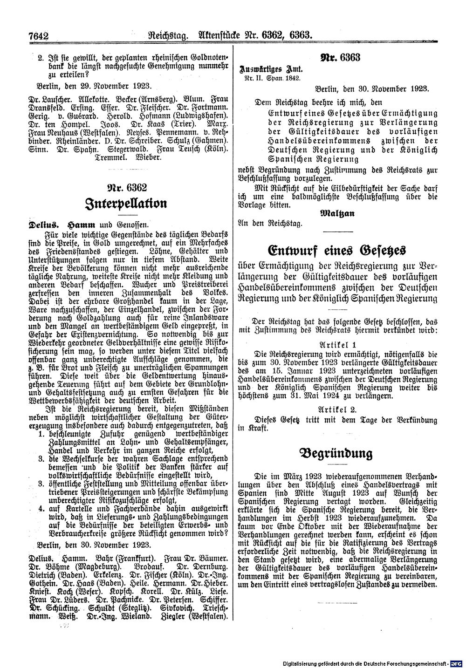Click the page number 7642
click(x=39, y=35)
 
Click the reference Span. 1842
click(x=286, y=78)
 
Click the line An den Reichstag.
click(x=269, y=223)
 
